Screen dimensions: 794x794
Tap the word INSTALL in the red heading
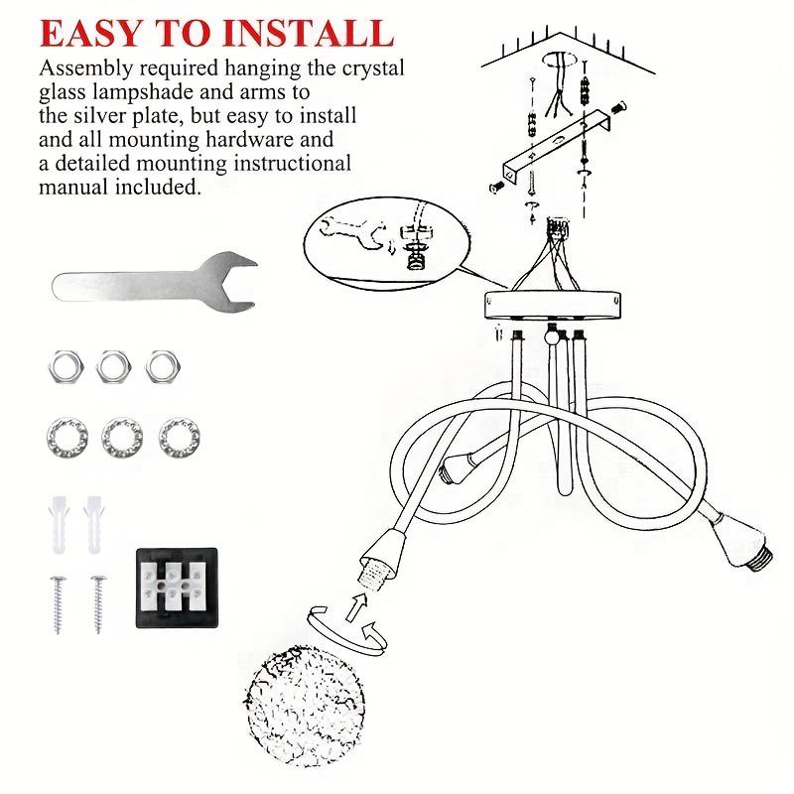click(309, 34)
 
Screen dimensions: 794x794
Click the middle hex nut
click(113, 365)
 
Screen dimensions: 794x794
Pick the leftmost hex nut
click(66, 365)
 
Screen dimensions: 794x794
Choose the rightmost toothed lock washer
click(180, 438)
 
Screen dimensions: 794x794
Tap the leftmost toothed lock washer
click(67, 438)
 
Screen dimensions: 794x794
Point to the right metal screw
click(98, 604)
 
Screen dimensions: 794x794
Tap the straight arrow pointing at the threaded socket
click(356, 607)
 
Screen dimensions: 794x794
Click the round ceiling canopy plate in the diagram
click(553, 305)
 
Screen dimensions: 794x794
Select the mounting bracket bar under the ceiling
click(556, 146)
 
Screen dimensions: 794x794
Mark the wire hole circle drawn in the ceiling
click(560, 60)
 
